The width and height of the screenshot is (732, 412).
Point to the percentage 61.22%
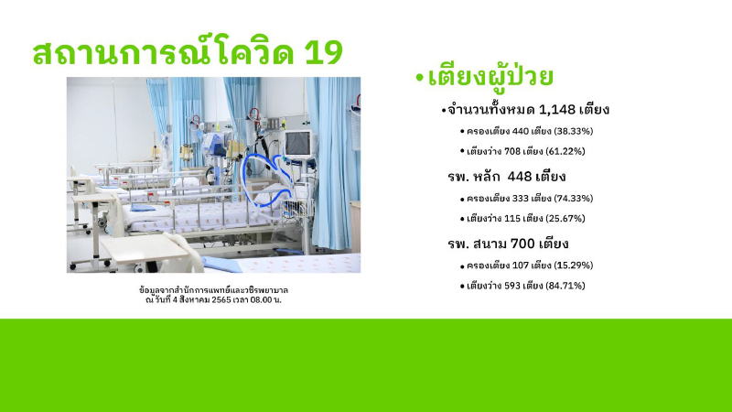(x=565, y=150)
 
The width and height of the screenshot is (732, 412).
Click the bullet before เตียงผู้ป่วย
(x=418, y=78)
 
